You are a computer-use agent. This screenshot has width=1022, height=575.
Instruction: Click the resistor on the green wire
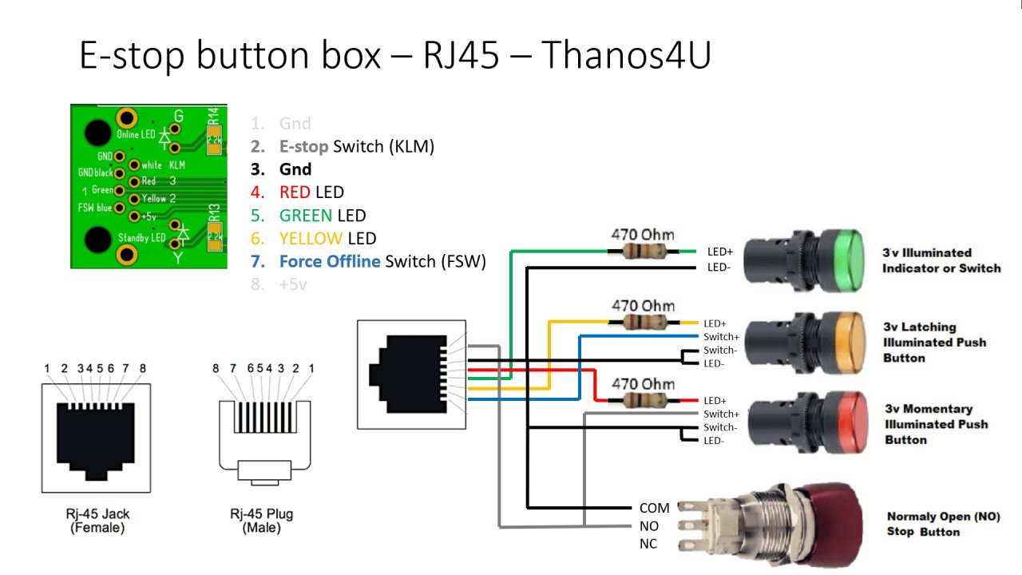[642, 252]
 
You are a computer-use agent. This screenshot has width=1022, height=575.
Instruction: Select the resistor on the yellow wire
[642, 322]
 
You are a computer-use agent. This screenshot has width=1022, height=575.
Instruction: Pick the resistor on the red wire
[642, 400]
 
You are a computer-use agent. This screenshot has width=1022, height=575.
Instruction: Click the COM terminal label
[654, 508]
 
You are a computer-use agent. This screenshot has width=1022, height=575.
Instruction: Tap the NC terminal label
[648, 544]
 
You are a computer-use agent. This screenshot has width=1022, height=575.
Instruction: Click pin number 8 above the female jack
[143, 369]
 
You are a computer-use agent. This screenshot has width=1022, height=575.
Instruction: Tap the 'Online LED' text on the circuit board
[137, 134]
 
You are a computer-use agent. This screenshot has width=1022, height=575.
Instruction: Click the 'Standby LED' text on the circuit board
[142, 238]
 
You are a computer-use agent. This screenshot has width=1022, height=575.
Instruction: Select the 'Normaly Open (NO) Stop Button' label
[942, 524]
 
